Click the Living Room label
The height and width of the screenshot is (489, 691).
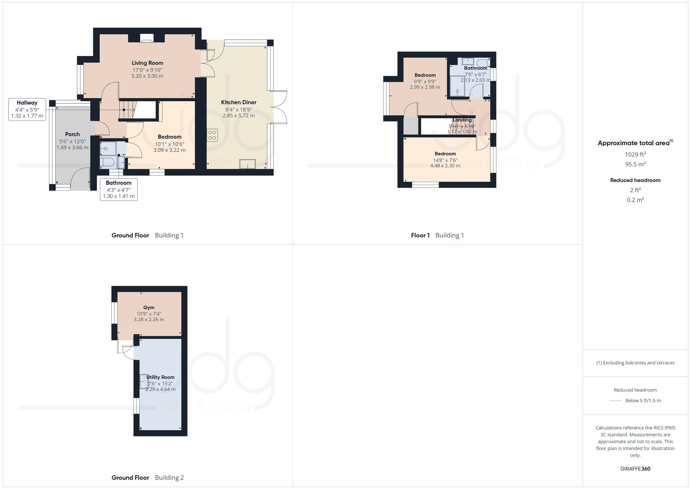[147, 63]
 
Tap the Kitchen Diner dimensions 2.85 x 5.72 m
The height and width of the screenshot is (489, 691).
[238, 115]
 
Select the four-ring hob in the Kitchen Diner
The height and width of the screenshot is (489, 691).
[212, 135]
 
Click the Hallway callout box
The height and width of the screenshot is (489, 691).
[27, 109]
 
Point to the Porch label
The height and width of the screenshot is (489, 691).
[72, 134]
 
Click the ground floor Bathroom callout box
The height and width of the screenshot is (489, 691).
[119, 189]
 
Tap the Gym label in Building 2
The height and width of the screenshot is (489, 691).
[149, 307]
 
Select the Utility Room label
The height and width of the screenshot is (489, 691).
[160, 377]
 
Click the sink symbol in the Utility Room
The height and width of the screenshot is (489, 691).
[143, 382]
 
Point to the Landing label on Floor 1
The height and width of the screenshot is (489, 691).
[462, 120]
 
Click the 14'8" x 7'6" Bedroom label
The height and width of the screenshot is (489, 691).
[445, 153]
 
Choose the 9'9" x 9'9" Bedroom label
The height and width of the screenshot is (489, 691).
[425, 75]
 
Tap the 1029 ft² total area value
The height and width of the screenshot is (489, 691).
[635, 154]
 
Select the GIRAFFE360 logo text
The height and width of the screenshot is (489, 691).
[635, 469]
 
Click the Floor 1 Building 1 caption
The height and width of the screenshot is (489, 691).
[437, 235]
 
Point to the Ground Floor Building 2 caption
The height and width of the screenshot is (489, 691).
[148, 478]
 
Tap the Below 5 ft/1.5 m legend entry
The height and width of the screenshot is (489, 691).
[643, 401]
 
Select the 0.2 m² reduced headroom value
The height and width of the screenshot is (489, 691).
[635, 200]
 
